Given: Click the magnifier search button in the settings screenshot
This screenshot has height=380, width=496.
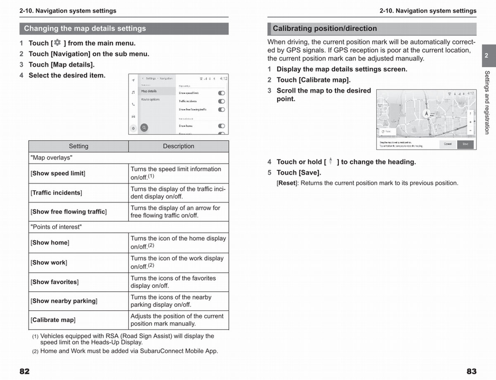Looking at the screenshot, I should click(x=144, y=128).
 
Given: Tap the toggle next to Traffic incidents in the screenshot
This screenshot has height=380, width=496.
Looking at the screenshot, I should click(x=222, y=101).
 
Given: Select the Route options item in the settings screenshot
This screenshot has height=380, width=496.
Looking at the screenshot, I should click(x=150, y=99).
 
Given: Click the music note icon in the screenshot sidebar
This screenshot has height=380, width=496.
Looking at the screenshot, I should click(x=133, y=92).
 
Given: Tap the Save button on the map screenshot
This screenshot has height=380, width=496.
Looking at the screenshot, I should click(x=465, y=144).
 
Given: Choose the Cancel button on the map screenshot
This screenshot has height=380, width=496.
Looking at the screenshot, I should click(x=448, y=144).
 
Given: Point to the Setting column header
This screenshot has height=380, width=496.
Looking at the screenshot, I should click(x=79, y=146).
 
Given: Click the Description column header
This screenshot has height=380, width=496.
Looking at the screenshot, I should click(x=178, y=146).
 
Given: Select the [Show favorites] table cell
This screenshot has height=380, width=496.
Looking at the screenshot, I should click(x=55, y=282).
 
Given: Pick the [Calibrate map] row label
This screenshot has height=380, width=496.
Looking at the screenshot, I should click(x=53, y=320).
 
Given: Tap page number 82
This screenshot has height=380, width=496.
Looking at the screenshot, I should click(x=25, y=371).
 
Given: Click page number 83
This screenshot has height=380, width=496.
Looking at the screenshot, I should click(x=471, y=371).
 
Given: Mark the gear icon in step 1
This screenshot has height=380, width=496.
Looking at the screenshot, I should click(x=57, y=42).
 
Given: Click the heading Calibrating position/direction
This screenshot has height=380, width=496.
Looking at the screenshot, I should click(x=325, y=28).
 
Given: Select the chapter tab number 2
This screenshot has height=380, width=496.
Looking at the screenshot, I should click(x=486, y=56).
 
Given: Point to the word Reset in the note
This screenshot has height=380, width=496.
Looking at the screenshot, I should click(x=286, y=183).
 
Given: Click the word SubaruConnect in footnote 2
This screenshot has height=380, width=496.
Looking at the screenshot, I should click(x=159, y=352).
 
